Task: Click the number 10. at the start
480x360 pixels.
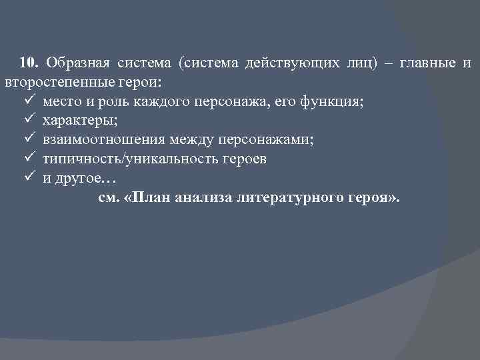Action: pyautogui.click(x=29, y=63)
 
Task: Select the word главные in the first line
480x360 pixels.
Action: pyautogui.click(x=427, y=63)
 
